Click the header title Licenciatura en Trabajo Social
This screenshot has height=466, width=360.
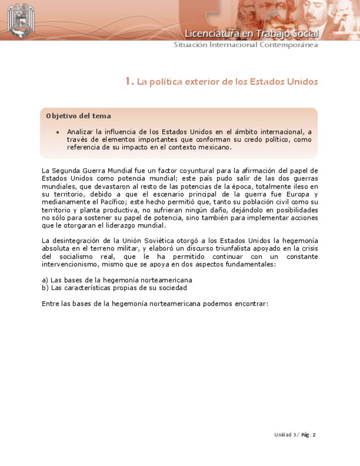[251, 34]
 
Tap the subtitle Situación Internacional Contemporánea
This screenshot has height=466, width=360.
[246, 45]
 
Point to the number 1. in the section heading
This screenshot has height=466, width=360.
[129, 82]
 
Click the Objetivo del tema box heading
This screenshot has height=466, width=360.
[79, 116]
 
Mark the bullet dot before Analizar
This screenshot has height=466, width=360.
[58, 132]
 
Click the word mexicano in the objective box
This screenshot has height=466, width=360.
[215, 147]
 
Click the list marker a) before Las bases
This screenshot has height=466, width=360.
[45, 280]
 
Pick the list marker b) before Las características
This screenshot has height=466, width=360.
[45, 288]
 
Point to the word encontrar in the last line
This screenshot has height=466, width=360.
[250, 303]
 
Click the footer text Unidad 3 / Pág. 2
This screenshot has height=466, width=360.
[295, 435]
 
